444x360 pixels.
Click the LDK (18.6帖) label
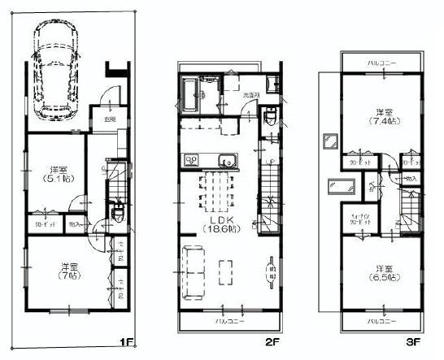pos(223,225)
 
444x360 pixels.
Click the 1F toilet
pos(116,213)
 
